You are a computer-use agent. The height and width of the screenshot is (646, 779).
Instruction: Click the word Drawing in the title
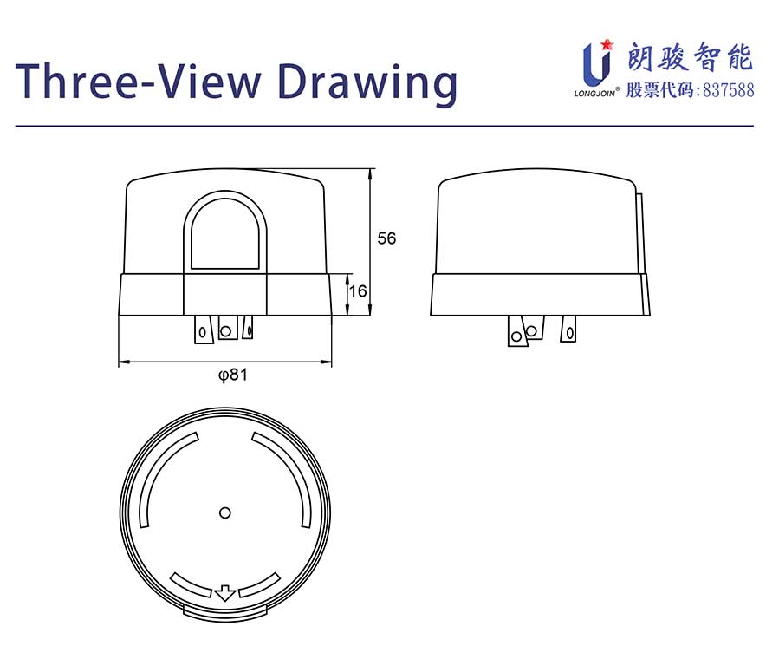(367, 82)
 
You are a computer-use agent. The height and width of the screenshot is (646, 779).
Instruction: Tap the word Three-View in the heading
(139, 80)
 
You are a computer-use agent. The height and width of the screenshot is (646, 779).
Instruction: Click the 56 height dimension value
(386, 238)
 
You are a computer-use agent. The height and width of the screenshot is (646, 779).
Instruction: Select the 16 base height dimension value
(358, 291)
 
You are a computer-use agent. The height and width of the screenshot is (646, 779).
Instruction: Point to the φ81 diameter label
(232, 374)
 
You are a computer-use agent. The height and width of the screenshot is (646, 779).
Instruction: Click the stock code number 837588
(729, 90)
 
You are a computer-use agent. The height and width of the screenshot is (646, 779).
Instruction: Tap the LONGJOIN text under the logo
(594, 93)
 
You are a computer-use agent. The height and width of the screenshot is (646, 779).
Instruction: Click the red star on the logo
(606, 45)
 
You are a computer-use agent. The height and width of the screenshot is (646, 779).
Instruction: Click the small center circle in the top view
(225, 512)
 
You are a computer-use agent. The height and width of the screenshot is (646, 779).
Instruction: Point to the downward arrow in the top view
(224, 593)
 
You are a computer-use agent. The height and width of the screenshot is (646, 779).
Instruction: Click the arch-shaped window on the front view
(225, 232)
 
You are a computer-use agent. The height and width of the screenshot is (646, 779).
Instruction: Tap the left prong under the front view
(203, 330)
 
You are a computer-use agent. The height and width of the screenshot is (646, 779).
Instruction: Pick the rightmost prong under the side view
(568, 330)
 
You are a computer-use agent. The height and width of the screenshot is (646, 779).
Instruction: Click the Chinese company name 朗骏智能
(691, 57)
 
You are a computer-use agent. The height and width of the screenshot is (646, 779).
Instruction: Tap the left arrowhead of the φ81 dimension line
(123, 362)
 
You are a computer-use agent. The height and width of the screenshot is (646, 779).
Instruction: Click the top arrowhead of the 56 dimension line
(370, 173)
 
